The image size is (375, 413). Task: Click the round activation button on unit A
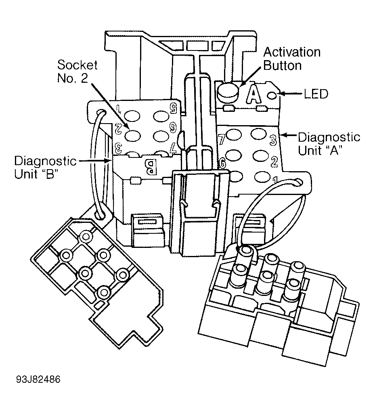pos(228,92)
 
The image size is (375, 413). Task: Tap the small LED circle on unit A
pos(273,96)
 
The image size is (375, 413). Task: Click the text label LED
pos(316,94)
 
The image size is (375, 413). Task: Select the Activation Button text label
pos(292,59)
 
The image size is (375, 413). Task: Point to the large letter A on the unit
pos(254,94)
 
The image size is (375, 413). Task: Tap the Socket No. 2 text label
pos(77,71)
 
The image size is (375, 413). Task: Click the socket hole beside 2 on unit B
pos(132,136)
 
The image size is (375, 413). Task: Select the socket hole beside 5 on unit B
pos(162,116)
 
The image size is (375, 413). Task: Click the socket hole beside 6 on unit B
pos(161,136)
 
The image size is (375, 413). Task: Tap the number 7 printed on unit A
pos(221,139)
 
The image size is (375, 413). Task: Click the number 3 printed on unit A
pos(273,140)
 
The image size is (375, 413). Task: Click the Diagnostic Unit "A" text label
pos(329,144)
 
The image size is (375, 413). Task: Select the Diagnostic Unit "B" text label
pos(45,167)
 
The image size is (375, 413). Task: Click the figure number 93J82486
pos(38,379)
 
